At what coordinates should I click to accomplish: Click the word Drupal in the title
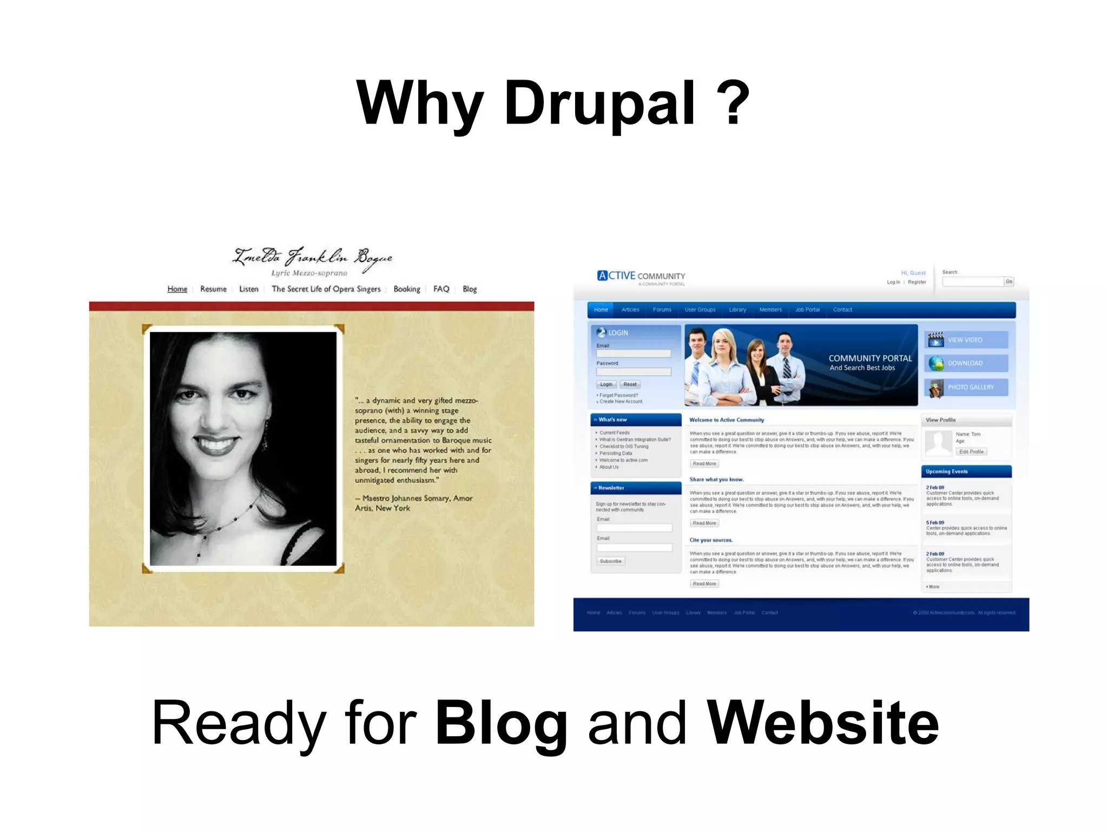click(599, 103)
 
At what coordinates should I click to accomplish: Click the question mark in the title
click(733, 103)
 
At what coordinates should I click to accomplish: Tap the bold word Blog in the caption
click(500, 723)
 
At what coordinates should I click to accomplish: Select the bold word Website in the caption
click(822, 723)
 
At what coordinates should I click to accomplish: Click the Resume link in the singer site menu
click(213, 289)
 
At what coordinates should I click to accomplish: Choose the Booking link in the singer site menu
click(406, 289)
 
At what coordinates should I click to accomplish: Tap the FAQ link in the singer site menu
click(441, 289)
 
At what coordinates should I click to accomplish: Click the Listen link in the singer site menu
click(249, 289)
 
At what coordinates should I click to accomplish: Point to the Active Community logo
click(641, 276)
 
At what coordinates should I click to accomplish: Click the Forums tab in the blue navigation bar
click(662, 310)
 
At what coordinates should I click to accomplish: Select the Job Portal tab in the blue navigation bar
click(807, 310)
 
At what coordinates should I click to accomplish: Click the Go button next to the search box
click(1009, 282)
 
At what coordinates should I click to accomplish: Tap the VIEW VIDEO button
click(966, 340)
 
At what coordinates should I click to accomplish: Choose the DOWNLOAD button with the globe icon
click(966, 363)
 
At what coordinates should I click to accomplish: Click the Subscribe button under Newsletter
click(610, 561)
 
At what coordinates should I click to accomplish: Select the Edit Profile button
click(971, 452)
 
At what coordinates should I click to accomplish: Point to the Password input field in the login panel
click(634, 372)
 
